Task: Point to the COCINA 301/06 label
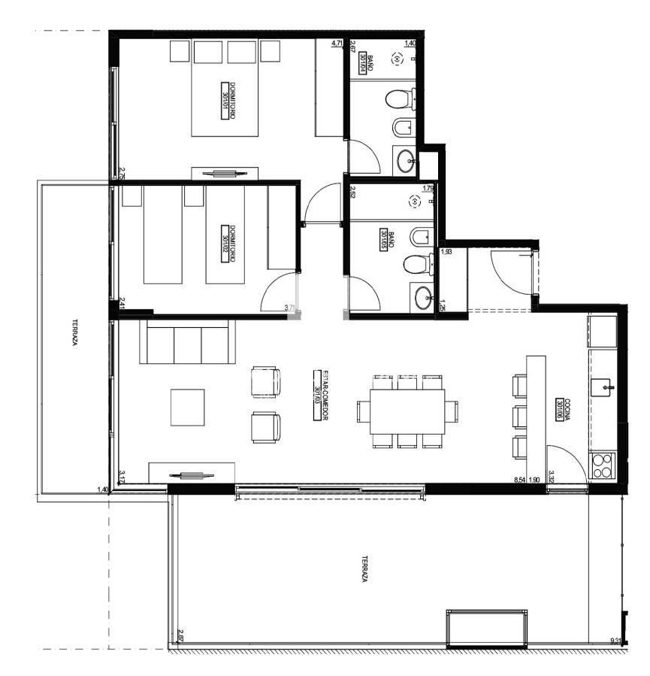[x=559, y=411]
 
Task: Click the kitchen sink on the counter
[x=603, y=387]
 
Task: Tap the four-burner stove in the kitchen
[x=603, y=465]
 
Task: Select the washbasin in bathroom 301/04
[x=407, y=159]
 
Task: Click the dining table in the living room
[x=407, y=411]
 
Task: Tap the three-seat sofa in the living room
[x=188, y=344]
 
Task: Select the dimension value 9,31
[x=616, y=641]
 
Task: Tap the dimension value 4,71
[x=337, y=44]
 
